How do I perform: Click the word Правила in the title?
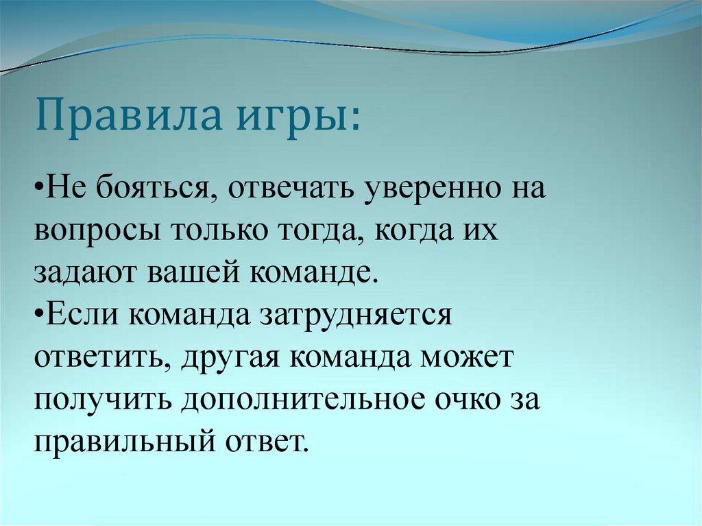pos(130,116)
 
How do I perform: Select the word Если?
pos(80,316)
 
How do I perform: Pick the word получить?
pos(102,402)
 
